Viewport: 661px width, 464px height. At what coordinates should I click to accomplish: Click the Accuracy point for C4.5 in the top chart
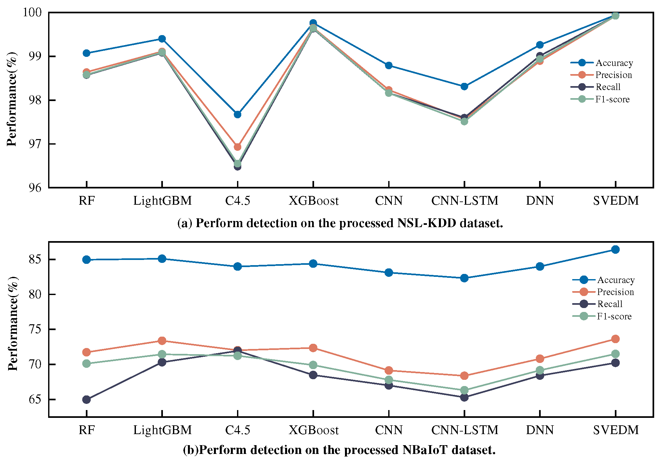[x=237, y=114]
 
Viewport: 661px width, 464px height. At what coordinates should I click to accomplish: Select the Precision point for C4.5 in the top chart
[x=237, y=147]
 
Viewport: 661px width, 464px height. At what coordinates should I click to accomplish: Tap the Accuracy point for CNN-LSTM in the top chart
[x=464, y=86]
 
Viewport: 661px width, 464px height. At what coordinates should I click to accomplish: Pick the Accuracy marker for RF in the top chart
[x=86, y=53]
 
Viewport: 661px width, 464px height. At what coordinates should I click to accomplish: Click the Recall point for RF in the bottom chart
[x=86, y=399]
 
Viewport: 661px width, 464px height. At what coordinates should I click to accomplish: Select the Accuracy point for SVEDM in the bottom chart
[x=615, y=250]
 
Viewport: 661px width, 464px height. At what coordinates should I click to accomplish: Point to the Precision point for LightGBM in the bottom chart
[x=162, y=341]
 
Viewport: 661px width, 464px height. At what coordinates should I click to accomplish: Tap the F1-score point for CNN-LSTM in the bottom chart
[x=464, y=390]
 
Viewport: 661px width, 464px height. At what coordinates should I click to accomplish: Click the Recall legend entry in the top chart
[x=608, y=87]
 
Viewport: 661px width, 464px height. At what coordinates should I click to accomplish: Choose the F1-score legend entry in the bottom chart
[x=614, y=316]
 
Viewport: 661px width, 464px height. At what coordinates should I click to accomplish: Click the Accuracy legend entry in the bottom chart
[x=615, y=280]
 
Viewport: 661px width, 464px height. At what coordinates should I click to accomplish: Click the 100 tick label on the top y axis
[x=32, y=12]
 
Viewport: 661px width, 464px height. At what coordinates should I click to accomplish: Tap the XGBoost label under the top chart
[x=313, y=201]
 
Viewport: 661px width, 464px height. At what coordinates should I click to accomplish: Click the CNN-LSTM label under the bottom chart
[x=465, y=430]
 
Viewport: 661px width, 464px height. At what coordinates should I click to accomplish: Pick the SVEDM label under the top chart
[x=615, y=201]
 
